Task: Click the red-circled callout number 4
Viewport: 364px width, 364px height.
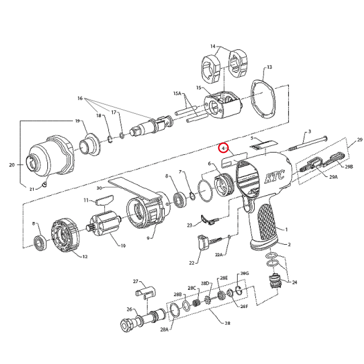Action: [223, 148]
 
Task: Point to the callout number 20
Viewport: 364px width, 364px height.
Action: [12, 165]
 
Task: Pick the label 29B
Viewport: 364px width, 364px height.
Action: [348, 167]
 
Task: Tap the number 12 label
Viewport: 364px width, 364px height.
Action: [85, 257]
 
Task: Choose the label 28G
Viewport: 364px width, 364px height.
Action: [245, 273]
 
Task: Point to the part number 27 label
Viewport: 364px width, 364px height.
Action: [135, 281]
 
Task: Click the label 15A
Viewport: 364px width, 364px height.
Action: [177, 93]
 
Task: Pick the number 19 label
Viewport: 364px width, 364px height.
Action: [77, 121]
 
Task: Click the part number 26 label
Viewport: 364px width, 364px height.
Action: [129, 309]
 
